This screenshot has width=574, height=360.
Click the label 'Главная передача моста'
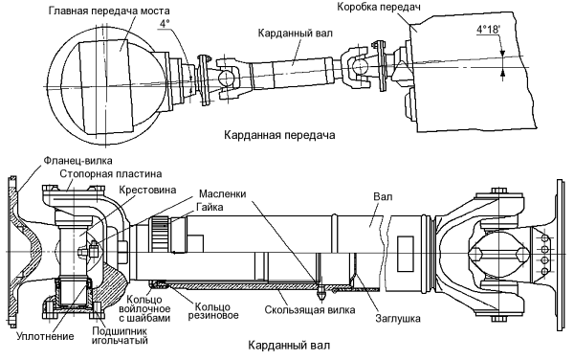click(109, 11)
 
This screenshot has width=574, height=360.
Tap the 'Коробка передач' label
click(379, 7)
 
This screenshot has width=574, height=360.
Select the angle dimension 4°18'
click(488, 30)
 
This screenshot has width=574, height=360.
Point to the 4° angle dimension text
click(165, 23)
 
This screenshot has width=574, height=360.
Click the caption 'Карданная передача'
click(279, 135)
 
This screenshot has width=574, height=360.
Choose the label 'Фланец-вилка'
click(78, 161)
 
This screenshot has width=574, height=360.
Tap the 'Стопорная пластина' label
click(111, 173)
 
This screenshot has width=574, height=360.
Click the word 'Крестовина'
click(147, 190)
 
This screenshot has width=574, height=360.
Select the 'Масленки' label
click(223, 193)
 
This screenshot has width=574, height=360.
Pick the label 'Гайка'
click(210, 207)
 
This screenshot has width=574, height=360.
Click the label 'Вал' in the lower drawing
click(383, 196)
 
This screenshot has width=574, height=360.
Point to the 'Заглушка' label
click(398, 318)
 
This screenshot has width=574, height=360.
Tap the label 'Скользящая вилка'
click(310, 310)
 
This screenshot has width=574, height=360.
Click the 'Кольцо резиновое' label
click(212, 310)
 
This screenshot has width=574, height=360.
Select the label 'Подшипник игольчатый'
click(120, 335)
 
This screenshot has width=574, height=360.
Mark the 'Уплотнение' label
click(45, 336)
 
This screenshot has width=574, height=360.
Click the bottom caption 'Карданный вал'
click(289, 345)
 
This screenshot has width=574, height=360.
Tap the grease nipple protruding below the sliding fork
click(322, 291)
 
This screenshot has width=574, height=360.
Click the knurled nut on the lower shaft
click(159, 234)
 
